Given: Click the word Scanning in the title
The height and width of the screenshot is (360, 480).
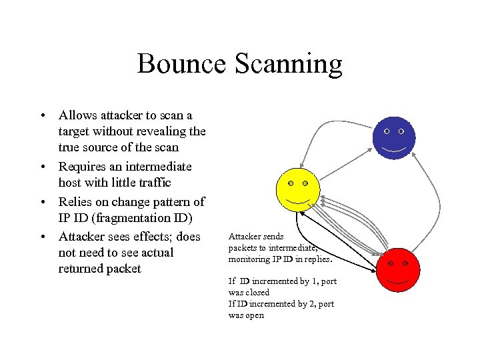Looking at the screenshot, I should (288, 64).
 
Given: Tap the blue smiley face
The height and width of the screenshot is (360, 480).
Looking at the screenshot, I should (394, 139).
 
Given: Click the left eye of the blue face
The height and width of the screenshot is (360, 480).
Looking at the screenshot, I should (387, 132).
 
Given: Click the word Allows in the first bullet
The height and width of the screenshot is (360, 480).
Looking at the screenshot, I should (78, 115).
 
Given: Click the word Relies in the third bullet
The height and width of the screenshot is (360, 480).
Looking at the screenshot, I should (75, 201).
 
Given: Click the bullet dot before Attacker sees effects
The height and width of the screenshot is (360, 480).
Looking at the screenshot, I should (41, 236).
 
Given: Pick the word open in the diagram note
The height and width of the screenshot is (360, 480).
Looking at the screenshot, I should (255, 315).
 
